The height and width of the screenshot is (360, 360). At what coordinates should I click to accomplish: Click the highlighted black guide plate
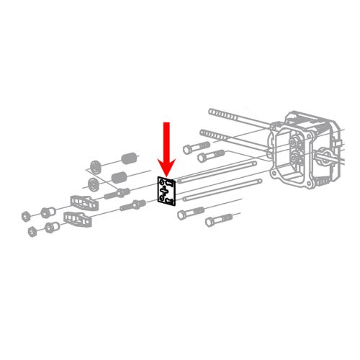click(x=167, y=192)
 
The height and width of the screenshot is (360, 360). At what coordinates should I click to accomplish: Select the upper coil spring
click(x=127, y=156)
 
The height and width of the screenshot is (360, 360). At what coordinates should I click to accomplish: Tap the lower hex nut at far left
click(x=32, y=232)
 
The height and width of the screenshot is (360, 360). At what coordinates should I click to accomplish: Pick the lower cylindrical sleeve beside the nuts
click(x=50, y=228)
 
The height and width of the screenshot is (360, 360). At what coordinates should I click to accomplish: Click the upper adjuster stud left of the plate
click(x=117, y=193)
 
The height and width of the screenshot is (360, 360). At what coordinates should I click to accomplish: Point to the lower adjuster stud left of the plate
click(x=132, y=207)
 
